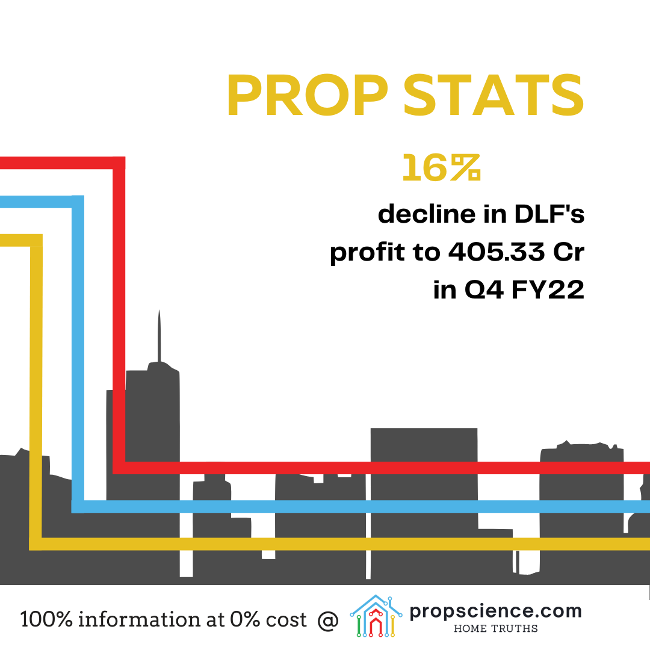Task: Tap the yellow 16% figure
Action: tap(441, 168)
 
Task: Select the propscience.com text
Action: tap(495, 611)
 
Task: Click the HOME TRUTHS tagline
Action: tap(495, 629)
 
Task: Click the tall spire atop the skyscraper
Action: tap(159, 334)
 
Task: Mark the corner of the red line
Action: tap(119, 468)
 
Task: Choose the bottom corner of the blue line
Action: tap(78, 506)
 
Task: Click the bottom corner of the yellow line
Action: tap(36, 543)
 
